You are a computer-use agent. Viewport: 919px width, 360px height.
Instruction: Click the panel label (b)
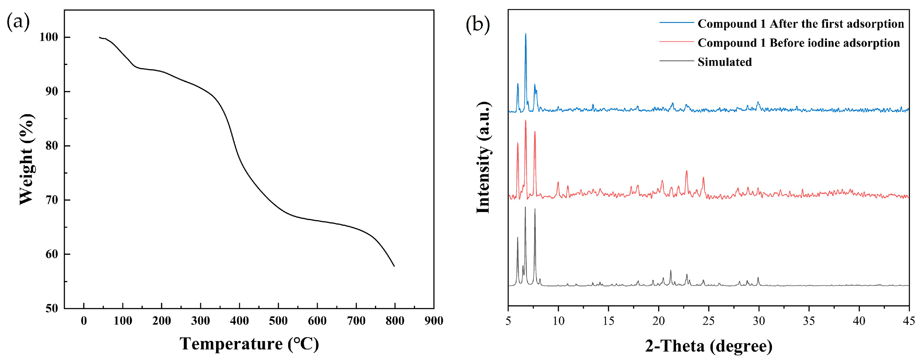tap(478, 25)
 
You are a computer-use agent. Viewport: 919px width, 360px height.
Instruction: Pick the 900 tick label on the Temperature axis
tap(434, 321)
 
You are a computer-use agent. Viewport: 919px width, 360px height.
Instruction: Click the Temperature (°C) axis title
tap(249, 344)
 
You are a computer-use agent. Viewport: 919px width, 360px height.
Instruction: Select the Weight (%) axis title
tap(27, 159)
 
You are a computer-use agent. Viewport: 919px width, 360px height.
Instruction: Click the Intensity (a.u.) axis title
tap(483, 157)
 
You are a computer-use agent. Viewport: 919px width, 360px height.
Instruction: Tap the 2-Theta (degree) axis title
tap(708, 346)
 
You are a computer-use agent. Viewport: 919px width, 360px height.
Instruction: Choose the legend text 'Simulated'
tap(725, 62)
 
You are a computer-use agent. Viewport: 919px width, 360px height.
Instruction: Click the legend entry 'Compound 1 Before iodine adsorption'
tap(798, 43)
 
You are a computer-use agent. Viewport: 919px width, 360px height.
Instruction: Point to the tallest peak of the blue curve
tap(525, 34)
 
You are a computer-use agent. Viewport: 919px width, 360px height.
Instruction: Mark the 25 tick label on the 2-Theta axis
tap(708, 321)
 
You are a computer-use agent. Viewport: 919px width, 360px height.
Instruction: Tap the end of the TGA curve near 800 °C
tap(394, 266)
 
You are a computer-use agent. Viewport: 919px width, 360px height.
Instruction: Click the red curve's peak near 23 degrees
tap(686, 171)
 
